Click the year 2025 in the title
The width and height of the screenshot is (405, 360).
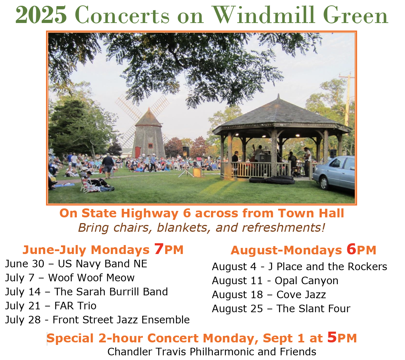point(41,15)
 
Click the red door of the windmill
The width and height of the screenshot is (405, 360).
point(138,152)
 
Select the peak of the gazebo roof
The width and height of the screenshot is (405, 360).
point(278,97)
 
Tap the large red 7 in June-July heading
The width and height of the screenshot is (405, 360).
point(159,249)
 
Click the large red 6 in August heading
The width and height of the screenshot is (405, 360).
point(351,249)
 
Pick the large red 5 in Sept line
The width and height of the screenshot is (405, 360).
point(332,337)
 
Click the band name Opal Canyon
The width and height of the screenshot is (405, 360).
point(306,281)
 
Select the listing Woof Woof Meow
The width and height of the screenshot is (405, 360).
point(91,278)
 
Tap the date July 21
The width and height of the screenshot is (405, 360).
point(23,306)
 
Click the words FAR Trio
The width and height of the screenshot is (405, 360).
point(75,306)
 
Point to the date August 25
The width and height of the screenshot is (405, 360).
point(237,309)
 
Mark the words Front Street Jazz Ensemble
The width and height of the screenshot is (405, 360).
point(121,320)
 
